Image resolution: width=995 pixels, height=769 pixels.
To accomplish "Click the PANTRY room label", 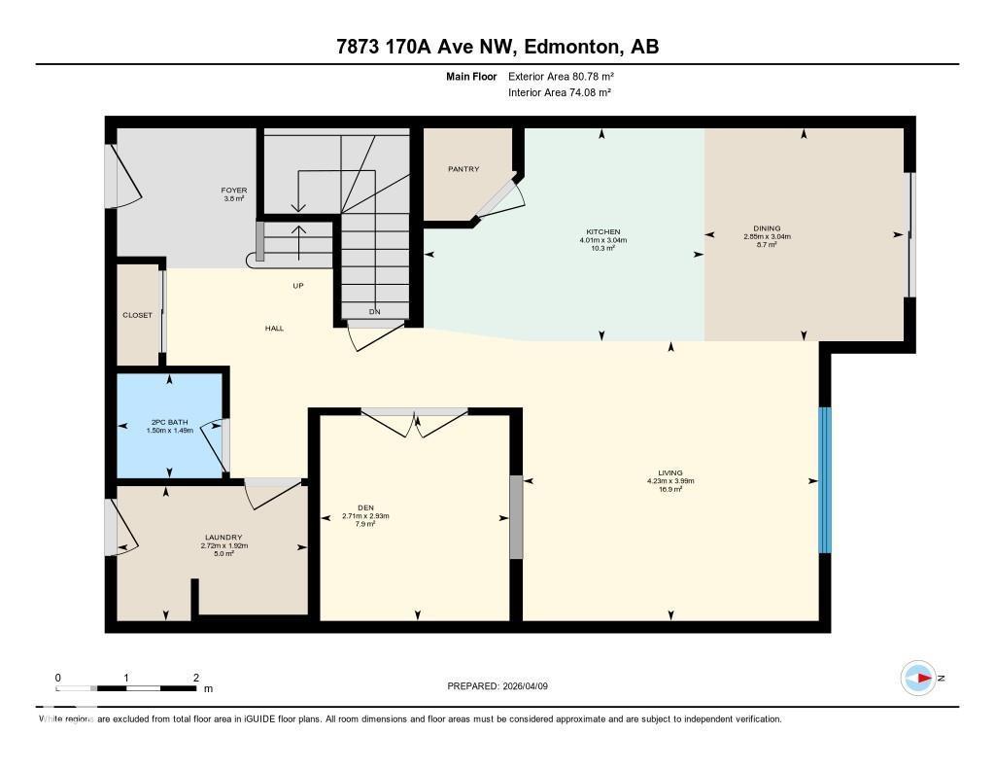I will click(463, 169).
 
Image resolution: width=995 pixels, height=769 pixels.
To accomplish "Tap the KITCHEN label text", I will click(601, 232).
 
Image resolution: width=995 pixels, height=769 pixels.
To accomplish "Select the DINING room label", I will click(767, 229).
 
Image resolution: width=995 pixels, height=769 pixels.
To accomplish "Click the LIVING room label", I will click(669, 473).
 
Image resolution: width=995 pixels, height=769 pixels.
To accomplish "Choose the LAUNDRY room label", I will click(223, 538).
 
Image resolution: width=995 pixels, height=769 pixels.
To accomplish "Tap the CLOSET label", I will click(137, 315).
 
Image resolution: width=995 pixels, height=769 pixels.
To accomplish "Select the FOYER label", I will click(234, 191).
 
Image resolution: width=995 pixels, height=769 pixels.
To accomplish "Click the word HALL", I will click(275, 329).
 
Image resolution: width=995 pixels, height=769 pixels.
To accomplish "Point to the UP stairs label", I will click(299, 286).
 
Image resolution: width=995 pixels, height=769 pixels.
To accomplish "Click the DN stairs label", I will click(375, 311).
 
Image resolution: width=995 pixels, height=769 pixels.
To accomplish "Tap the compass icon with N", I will click(919, 678).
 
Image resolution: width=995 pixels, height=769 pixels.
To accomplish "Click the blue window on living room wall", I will click(824, 479).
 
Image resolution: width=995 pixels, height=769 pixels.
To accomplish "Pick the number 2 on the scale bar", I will click(196, 678).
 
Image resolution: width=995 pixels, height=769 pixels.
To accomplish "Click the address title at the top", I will click(497, 46).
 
